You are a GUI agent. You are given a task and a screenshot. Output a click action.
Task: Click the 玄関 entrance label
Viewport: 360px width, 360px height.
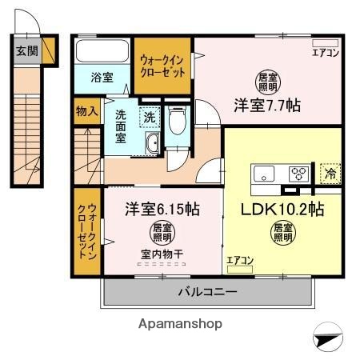(x=26, y=51)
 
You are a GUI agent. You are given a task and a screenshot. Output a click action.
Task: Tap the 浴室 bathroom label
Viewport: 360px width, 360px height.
(x=102, y=78)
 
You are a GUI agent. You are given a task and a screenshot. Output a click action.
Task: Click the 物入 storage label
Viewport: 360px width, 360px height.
(x=87, y=111)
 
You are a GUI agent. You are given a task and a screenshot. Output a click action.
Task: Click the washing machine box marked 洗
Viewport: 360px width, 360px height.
(x=150, y=118)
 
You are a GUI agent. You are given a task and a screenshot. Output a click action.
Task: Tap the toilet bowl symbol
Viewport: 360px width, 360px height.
(x=177, y=121)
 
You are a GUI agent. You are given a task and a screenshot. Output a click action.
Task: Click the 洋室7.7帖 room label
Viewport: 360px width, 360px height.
(x=267, y=105)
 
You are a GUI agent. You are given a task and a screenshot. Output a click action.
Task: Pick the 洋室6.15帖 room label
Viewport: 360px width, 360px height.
(x=161, y=210)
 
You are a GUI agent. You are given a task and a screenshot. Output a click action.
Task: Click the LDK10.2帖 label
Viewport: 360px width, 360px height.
(x=282, y=210)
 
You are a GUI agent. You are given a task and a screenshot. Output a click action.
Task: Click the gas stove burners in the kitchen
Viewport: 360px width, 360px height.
(x=298, y=173)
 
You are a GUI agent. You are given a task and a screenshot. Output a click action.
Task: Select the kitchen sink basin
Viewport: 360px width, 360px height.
(x=265, y=174)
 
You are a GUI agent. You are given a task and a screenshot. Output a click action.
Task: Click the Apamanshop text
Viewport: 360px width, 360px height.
(x=180, y=324)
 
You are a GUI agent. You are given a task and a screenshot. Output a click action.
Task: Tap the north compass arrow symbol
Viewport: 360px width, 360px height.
(x=327, y=340)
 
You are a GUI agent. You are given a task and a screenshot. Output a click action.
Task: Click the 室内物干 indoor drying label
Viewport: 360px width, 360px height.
(x=162, y=254)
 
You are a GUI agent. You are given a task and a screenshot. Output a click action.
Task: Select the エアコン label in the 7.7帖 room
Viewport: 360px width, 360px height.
(x=326, y=54)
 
